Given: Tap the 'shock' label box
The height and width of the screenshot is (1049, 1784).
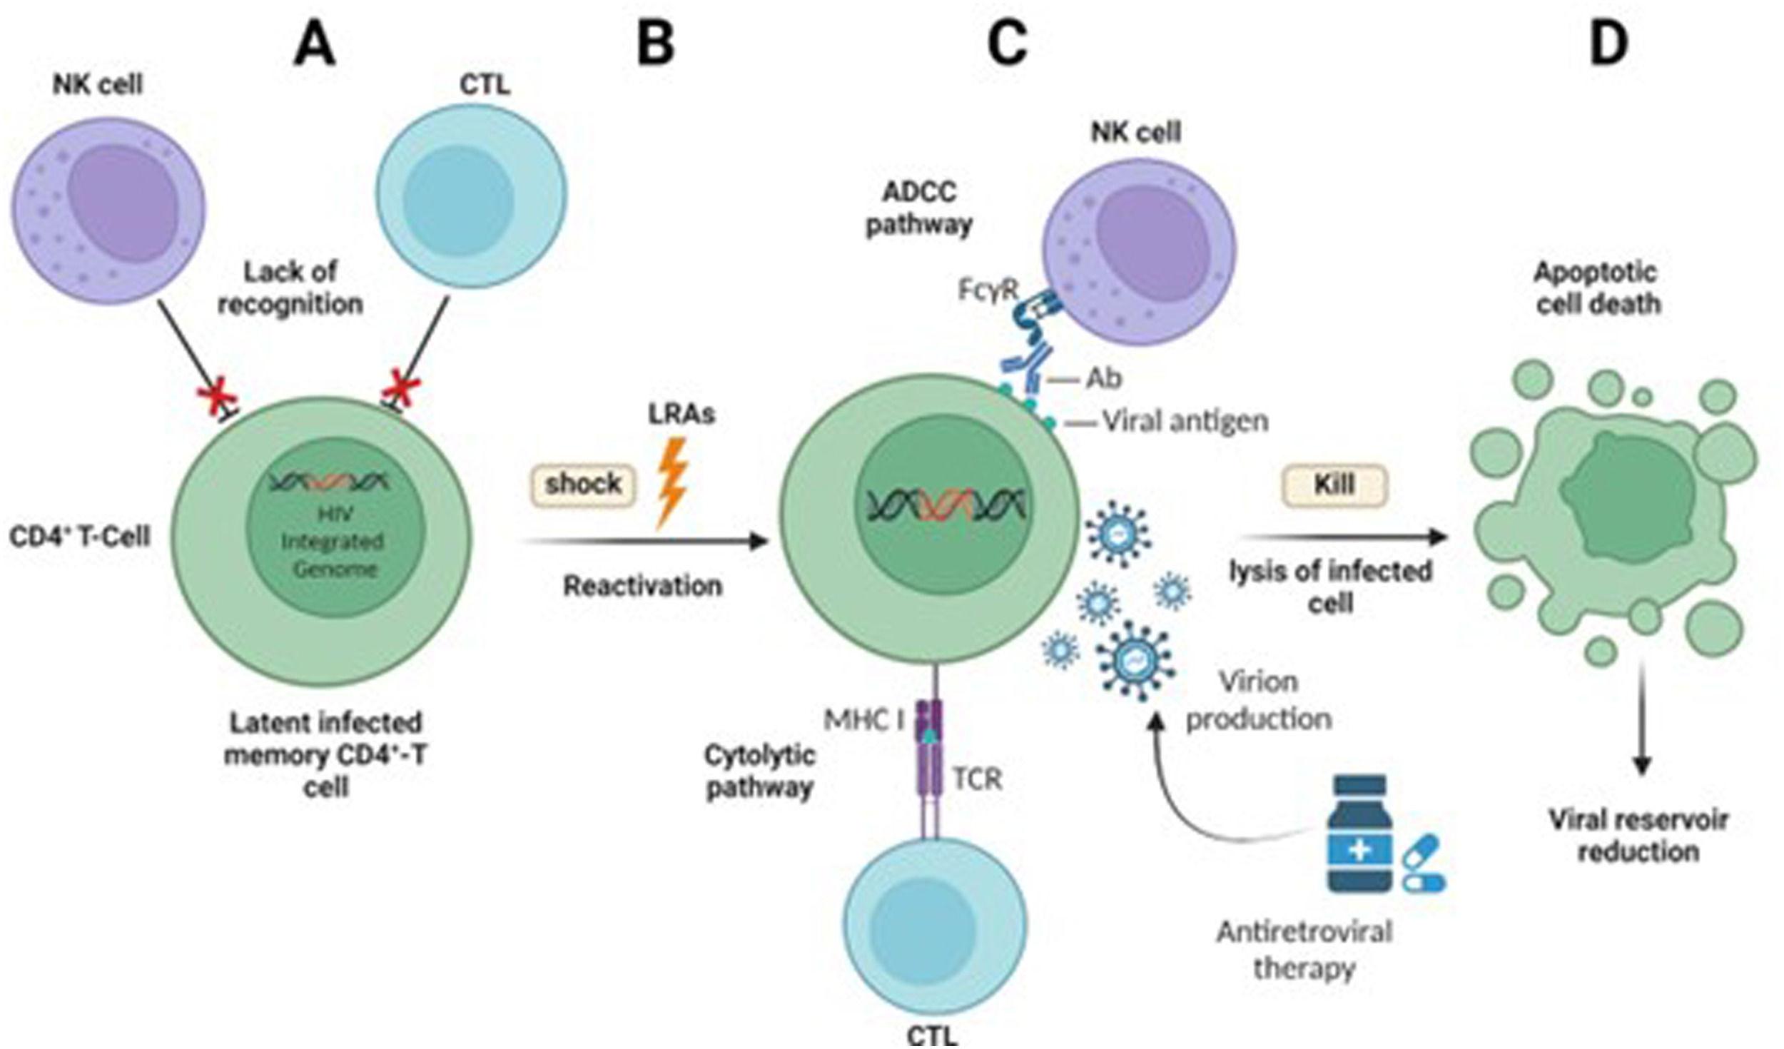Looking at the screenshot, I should pos(583,485).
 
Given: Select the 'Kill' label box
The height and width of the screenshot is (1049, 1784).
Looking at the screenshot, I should pos(1334,486).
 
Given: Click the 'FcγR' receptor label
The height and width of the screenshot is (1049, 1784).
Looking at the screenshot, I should pos(988,291).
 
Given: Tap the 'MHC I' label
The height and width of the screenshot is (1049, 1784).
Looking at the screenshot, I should pos(863,721).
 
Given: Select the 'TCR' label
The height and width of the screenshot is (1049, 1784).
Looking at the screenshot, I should pos(978,779).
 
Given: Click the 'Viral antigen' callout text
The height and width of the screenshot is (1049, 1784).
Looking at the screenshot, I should pos(1185,422).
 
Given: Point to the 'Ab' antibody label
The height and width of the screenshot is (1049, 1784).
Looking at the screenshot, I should pos(1103,379).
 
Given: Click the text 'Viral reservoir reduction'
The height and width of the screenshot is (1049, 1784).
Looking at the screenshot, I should pos(1638,836).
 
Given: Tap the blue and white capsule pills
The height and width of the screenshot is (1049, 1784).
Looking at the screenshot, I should pos(1424,864).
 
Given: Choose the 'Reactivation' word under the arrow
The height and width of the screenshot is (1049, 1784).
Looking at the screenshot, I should pos(643,587).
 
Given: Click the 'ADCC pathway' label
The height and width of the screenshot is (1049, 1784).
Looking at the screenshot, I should pos(919,208).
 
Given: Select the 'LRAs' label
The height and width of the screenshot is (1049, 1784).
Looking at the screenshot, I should pos(681,415).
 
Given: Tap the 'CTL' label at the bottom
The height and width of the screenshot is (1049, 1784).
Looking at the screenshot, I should pos(931,1035).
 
